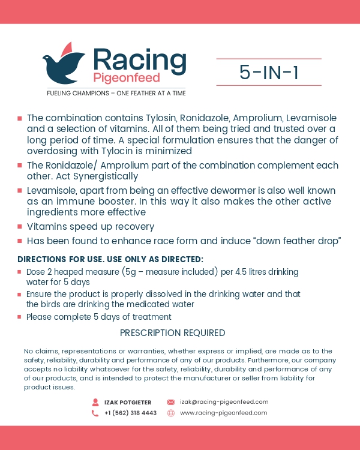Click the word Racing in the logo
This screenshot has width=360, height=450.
click(139, 60)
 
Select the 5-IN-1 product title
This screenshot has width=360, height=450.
click(269, 73)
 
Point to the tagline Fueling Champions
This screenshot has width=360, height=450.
click(116, 93)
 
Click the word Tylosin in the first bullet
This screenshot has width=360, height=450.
click(156, 117)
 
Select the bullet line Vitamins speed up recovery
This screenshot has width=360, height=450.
click(91, 227)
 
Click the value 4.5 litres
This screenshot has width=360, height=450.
click(258, 272)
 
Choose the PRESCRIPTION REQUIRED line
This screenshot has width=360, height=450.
click(172, 333)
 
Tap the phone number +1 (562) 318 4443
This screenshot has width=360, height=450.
click(130, 413)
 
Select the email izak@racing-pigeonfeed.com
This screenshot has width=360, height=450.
click(224, 402)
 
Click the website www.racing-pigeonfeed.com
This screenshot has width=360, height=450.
click(223, 413)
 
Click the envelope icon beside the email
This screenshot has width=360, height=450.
click(170, 402)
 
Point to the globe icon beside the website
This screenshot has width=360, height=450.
click(170, 413)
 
